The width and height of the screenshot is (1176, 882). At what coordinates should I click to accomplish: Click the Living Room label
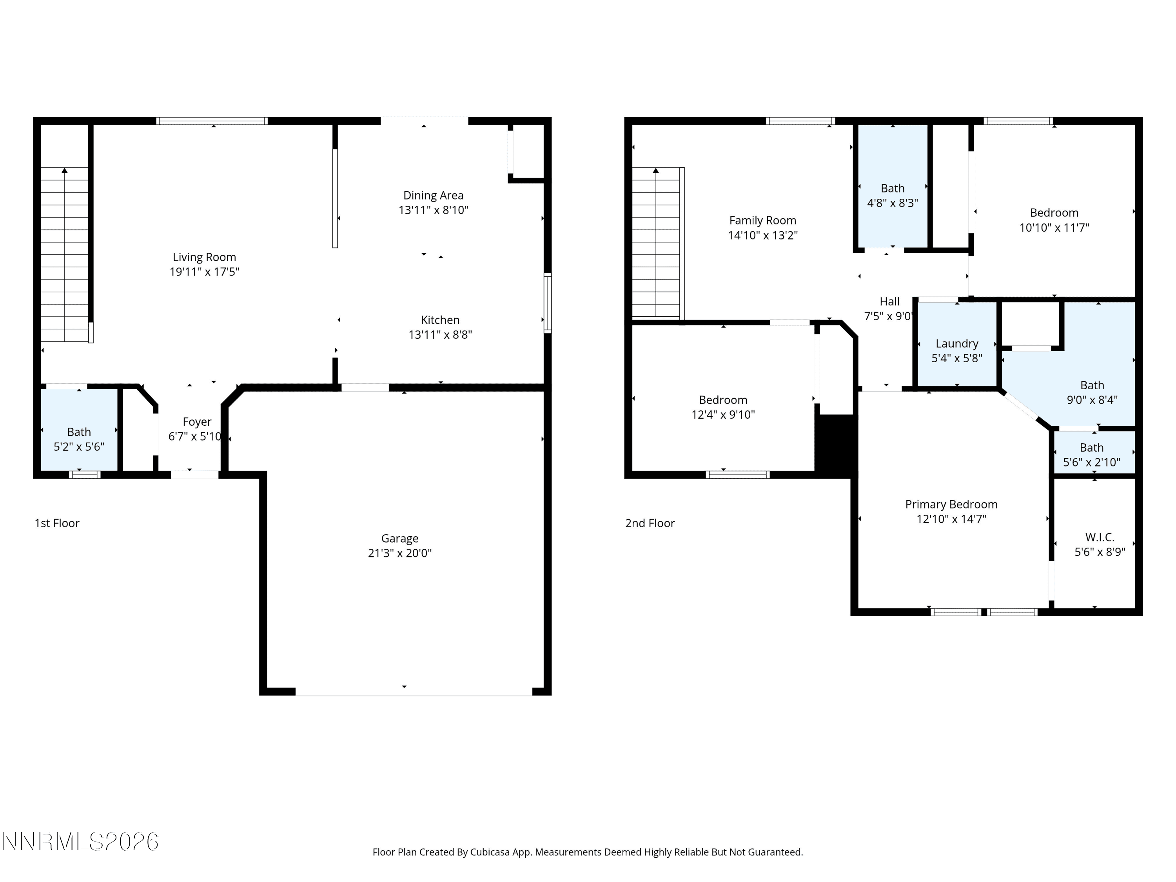(x=204, y=257)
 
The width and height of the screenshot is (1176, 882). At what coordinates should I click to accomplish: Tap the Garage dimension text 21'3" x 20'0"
(x=400, y=553)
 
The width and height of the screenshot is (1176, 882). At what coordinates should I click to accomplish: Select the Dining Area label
(x=433, y=196)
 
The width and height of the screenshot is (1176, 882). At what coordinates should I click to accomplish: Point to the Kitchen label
(x=440, y=320)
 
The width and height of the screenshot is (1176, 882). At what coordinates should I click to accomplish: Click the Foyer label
(x=197, y=422)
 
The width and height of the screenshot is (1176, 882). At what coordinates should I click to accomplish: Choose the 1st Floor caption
(x=57, y=523)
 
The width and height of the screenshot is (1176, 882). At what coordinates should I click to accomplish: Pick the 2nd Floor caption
(x=650, y=523)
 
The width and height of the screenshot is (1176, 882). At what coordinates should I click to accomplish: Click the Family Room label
(x=763, y=221)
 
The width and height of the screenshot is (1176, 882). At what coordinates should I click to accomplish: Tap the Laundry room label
(x=957, y=344)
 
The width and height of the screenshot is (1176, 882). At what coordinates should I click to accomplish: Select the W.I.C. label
(x=1100, y=537)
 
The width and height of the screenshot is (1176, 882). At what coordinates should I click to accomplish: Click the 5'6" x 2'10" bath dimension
(x=1091, y=463)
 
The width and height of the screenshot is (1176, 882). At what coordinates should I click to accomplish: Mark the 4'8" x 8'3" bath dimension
(x=893, y=203)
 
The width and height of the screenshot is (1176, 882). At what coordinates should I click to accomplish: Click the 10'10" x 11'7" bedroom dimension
(x=1054, y=227)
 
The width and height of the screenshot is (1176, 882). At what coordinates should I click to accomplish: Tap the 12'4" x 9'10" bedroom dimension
(x=723, y=415)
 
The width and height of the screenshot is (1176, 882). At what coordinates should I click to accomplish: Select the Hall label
(x=889, y=301)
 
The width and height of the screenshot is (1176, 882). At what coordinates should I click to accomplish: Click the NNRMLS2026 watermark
(x=81, y=842)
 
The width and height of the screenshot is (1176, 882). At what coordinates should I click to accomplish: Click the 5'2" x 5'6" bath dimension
(x=79, y=446)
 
